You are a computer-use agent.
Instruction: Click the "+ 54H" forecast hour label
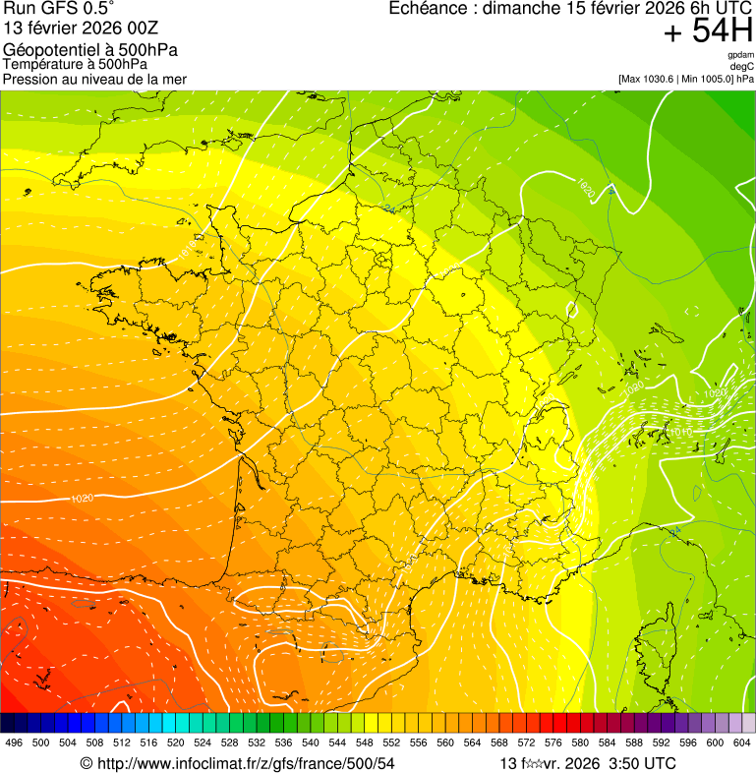click(708, 31)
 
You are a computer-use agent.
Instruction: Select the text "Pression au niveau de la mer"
click(94, 79)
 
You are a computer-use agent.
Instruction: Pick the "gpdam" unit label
click(740, 55)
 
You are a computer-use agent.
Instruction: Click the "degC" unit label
click(742, 66)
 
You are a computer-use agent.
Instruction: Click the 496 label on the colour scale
click(14, 743)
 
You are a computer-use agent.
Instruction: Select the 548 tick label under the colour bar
click(365, 743)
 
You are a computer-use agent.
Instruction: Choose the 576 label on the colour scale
click(553, 743)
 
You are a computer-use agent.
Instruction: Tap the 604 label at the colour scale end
click(742, 743)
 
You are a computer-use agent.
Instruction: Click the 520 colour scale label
click(176, 743)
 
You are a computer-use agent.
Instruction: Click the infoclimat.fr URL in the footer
click(245, 763)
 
